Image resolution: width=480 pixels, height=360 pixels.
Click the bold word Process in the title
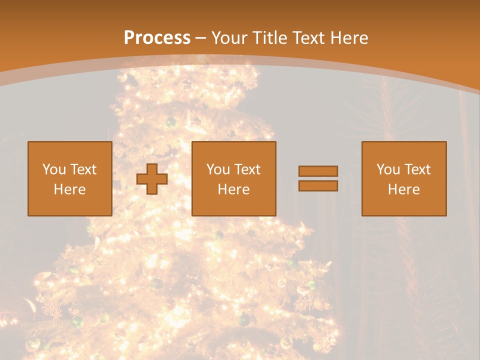pyautogui.click(x=157, y=38)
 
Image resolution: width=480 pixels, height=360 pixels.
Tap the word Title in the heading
pyautogui.click(x=268, y=38)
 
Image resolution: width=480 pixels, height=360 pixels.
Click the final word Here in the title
pyautogui.click(x=349, y=38)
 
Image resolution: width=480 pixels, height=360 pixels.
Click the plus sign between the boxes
pyautogui.click(x=152, y=179)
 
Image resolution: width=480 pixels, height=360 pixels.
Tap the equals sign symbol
pyautogui.click(x=318, y=178)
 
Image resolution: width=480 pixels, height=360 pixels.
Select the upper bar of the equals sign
pyautogui.click(x=318, y=171)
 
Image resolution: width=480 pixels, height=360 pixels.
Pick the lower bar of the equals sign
pyautogui.click(x=318, y=185)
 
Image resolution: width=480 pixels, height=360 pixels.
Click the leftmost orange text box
pyautogui.click(x=69, y=178)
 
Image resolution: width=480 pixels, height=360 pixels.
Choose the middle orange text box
pyautogui.click(x=233, y=178)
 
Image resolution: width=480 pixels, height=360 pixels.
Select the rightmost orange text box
pyautogui.click(x=403, y=178)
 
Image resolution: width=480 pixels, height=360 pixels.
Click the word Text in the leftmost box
pyautogui.click(x=83, y=169)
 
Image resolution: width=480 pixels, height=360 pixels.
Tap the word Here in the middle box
pyautogui.click(x=233, y=189)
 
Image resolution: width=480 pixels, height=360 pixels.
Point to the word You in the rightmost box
pyautogui.click(x=388, y=169)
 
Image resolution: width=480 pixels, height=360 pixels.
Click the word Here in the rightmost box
pyautogui.click(x=403, y=189)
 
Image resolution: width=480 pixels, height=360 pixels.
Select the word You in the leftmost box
pyautogui.click(x=54, y=169)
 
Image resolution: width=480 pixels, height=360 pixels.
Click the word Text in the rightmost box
pyautogui.click(x=417, y=169)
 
